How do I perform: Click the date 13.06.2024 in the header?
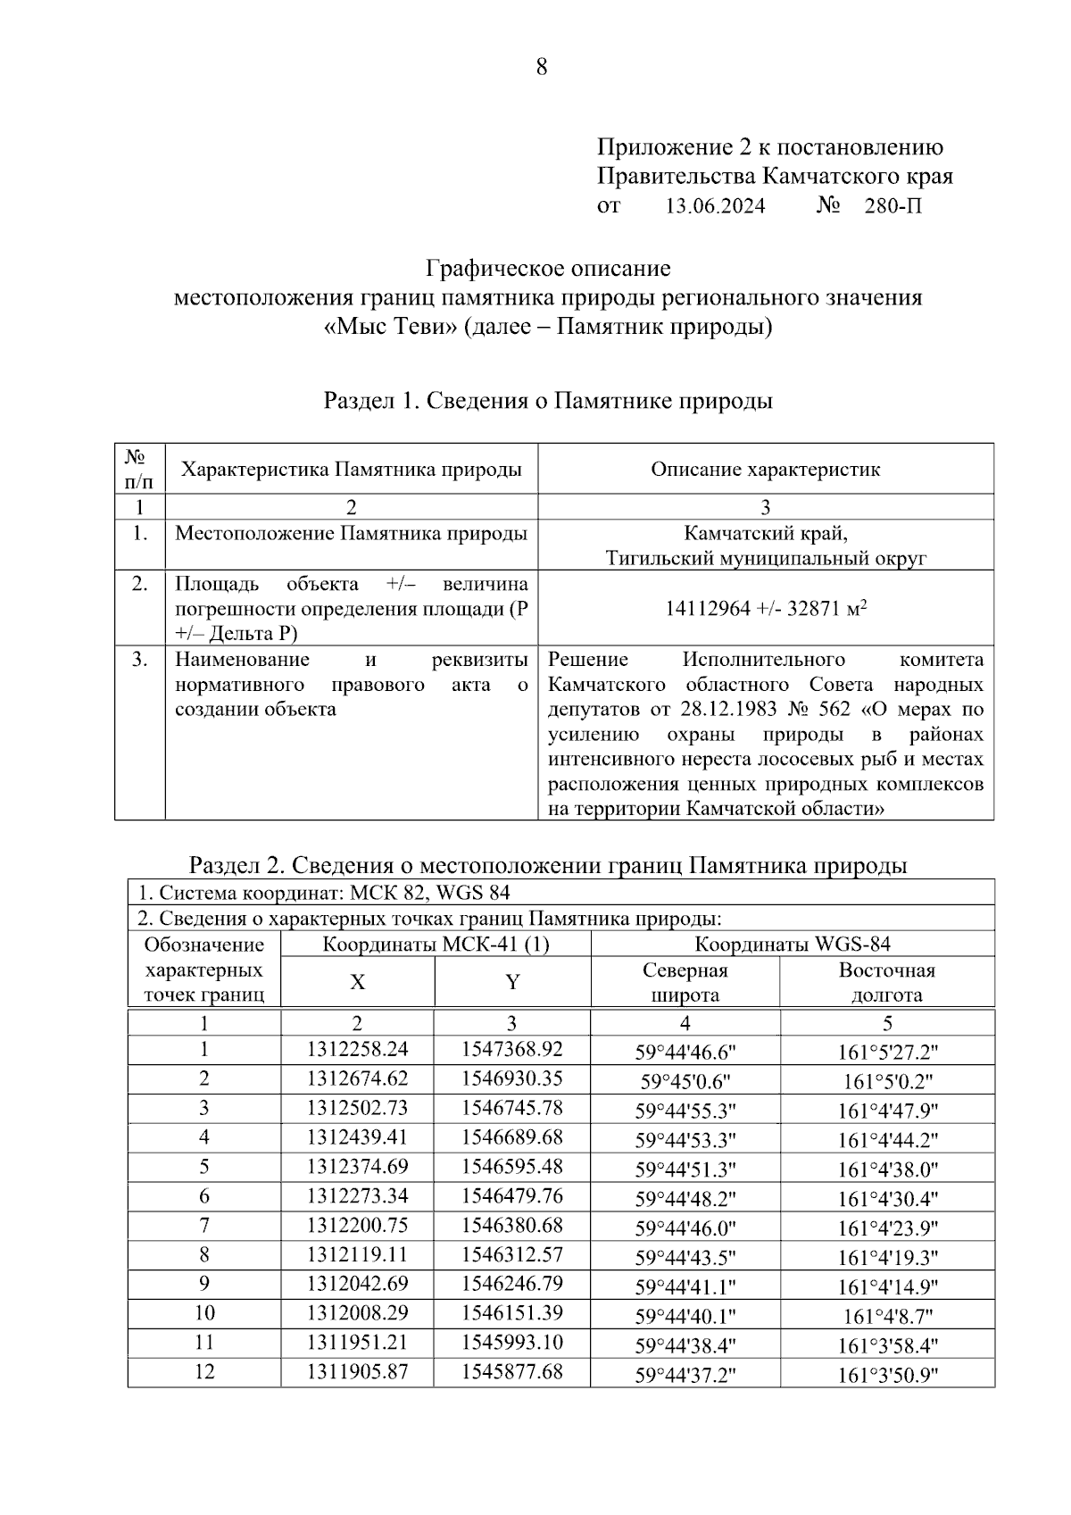coord(715,206)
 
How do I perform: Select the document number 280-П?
coord(892,206)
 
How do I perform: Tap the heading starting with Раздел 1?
coord(547,401)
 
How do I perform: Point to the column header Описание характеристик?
coord(765,470)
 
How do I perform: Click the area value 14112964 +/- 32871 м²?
coord(766,609)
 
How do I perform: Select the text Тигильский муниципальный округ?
coord(766,559)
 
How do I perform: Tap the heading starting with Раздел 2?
coord(547,865)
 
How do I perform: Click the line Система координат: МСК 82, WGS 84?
coord(324,893)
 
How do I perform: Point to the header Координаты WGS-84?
coord(793,945)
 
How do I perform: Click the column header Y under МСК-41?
coord(512,982)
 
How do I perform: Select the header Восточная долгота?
coord(886,982)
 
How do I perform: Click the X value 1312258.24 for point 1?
coord(357,1050)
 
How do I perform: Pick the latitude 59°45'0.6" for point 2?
coord(685,1081)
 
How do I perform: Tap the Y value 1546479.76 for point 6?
coord(511,1195)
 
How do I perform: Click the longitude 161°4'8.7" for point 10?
coord(887,1315)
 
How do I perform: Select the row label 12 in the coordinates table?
coord(204,1371)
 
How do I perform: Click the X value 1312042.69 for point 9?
coord(357,1284)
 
